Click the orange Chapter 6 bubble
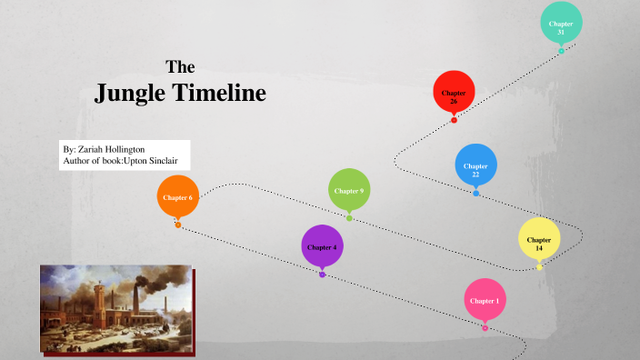click(177, 197)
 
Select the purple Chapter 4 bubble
click(322, 246)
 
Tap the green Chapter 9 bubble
click(349, 191)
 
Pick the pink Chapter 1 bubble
click(485, 300)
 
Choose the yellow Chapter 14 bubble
click(539, 241)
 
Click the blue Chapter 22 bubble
click(475, 166)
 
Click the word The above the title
click(180, 66)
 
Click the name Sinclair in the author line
click(165, 161)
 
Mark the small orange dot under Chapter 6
click(178, 225)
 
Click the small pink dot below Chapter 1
click(485, 327)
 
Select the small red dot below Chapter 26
click(454, 120)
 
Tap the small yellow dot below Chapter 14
click(539, 267)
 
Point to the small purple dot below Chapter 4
click(322, 274)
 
